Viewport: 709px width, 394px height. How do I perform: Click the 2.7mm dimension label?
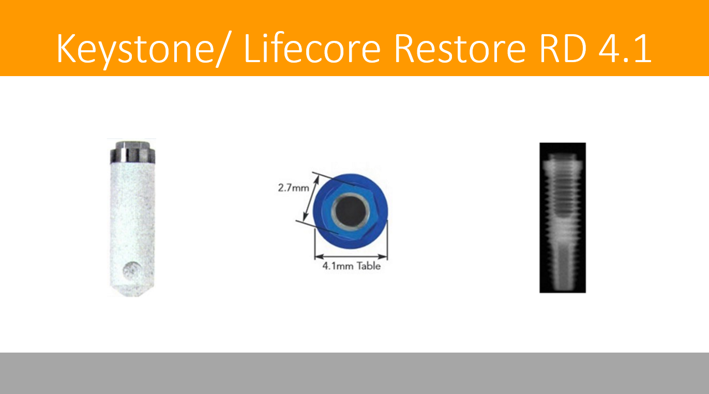293,188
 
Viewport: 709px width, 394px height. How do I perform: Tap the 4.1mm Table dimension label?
351,266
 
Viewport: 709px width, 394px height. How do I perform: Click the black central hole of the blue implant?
351,211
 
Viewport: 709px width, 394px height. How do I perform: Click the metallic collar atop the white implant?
132,152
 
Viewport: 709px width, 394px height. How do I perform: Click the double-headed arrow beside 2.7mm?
311,198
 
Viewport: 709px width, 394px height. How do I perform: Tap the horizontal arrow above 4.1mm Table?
351,256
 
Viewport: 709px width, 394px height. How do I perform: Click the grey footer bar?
355,373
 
